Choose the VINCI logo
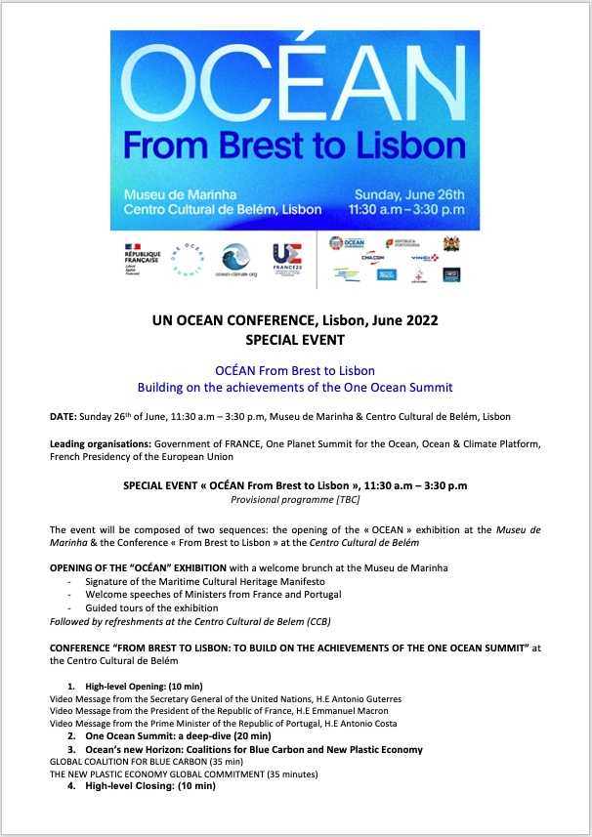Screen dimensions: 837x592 click(421, 258)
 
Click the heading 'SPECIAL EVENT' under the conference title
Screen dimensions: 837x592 click(296, 340)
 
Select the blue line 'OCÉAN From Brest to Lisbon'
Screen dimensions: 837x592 click(295, 371)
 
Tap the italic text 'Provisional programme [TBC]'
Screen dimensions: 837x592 click(295, 499)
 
